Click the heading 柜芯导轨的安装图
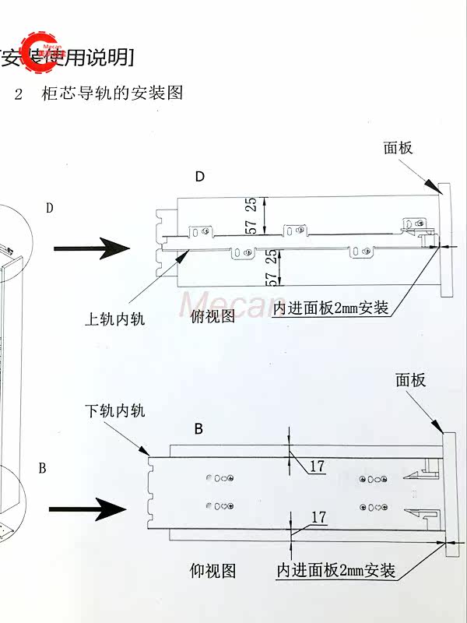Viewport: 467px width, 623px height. pos(113,93)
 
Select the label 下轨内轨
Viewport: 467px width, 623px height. pos(114,410)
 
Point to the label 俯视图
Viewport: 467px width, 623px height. pos(213,317)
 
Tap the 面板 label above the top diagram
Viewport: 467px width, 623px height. pos(398,148)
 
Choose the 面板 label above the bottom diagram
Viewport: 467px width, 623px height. pos(410,380)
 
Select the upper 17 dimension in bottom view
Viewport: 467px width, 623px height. pos(317,467)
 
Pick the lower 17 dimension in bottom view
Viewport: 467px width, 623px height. pos(318,517)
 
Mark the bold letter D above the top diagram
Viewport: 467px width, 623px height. pos(200,177)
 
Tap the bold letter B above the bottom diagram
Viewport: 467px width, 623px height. pos(198,429)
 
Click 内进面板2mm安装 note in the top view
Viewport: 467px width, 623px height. pos(331,308)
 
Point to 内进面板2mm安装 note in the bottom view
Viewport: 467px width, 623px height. pos(337,571)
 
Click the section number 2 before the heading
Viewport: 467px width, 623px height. pos(20,94)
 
